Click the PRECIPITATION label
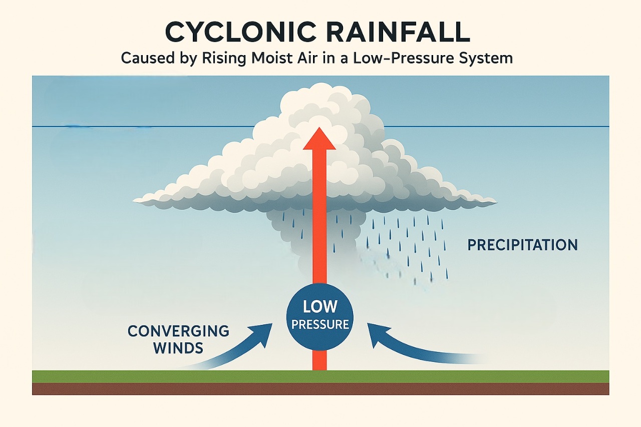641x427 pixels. pos(522,245)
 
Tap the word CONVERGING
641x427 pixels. pos(178,331)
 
